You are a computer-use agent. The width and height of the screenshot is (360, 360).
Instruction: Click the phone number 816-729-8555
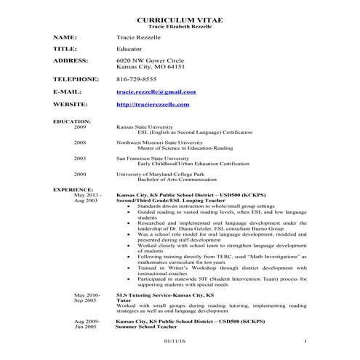click(x=136, y=79)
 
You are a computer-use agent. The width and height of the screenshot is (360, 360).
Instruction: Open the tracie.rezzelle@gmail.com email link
click(x=156, y=92)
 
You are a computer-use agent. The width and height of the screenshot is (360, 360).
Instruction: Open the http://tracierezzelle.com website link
click(x=153, y=105)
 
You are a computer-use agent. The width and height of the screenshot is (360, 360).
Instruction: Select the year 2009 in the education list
click(x=80, y=127)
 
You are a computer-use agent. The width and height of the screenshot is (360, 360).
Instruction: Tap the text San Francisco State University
click(x=152, y=158)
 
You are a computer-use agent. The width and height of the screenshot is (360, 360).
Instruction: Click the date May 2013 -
click(x=88, y=195)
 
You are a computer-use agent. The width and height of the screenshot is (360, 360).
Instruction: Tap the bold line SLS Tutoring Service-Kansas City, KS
click(x=165, y=295)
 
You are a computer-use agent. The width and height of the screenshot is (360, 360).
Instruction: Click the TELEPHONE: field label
click(x=76, y=79)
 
